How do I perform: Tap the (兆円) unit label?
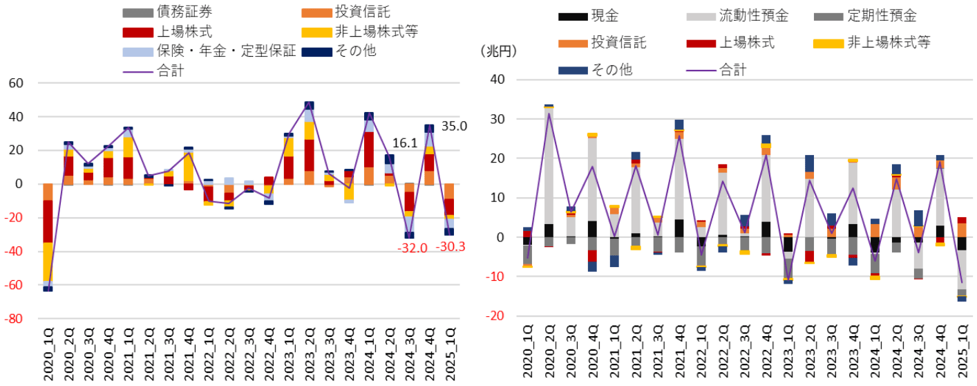(496, 50)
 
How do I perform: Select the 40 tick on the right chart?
(497, 80)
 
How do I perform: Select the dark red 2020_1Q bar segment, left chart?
(48, 221)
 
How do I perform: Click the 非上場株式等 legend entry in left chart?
(377, 31)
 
